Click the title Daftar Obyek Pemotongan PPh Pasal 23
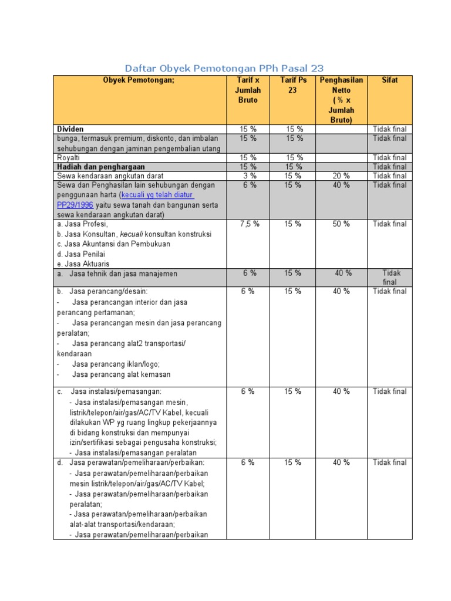[x=224, y=68]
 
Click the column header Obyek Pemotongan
[x=139, y=80]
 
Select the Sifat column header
[x=389, y=80]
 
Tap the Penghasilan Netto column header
[x=341, y=100]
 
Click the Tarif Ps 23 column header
[x=292, y=85]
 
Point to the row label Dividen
[x=70, y=129]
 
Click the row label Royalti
[x=68, y=158]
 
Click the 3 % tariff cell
[x=250, y=176]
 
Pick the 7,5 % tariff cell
[x=250, y=224]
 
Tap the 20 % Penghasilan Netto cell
[x=341, y=176]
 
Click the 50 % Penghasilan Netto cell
[x=341, y=224]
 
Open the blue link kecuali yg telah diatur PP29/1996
[x=157, y=195]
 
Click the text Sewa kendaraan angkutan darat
[x=110, y=176]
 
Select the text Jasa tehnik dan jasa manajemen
[x=123, y=274]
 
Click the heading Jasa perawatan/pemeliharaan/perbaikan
[x=137, y=463]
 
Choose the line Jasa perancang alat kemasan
[x=121, y=374]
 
